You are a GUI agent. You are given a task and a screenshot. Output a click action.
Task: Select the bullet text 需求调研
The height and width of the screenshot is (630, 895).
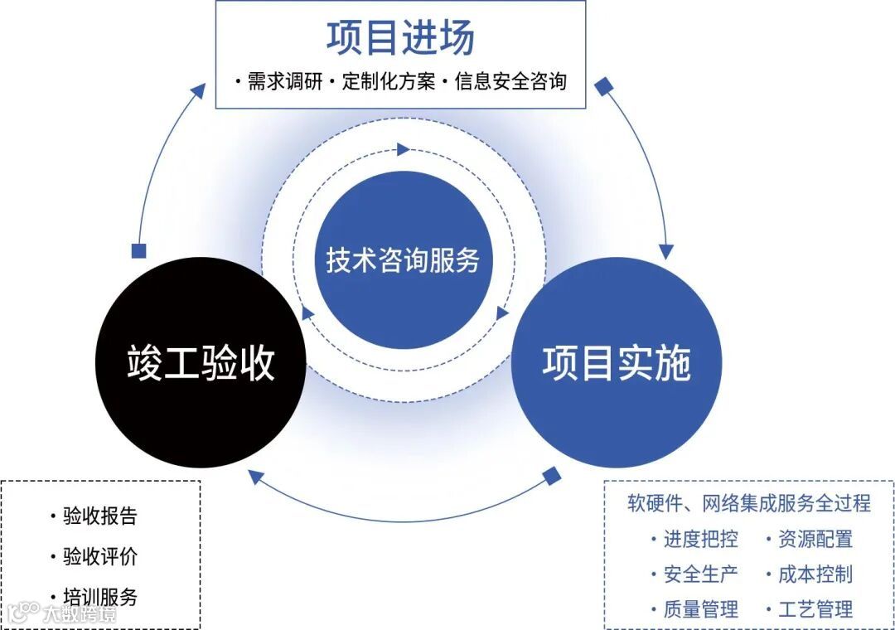coord(283,82)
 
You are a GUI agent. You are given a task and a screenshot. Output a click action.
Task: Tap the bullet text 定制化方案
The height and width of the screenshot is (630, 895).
coord(389,82)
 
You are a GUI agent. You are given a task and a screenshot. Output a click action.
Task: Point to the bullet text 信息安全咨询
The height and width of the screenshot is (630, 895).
coord(510,82)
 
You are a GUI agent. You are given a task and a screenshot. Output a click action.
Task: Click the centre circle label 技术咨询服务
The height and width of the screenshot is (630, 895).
coord(403,260)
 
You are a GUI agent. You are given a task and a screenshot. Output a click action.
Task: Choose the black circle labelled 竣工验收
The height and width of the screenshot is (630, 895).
coord(201,363)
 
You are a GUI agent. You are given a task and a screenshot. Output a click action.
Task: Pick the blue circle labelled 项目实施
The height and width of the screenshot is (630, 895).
coord(617,363)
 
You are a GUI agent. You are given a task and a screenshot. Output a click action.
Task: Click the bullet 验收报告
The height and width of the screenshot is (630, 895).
coord(99,516)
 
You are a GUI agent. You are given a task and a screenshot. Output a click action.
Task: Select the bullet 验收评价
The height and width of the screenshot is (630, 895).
coord(99,556)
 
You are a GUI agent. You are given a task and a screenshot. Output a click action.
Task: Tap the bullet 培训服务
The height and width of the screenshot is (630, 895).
coord(99,596)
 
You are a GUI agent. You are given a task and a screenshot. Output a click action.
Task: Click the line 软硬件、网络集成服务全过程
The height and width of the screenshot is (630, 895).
coord(749,503)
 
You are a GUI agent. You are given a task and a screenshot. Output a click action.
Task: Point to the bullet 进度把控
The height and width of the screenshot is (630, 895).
coord(700,540)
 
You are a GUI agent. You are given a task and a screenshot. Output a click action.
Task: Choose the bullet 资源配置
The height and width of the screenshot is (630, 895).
coord(815,540)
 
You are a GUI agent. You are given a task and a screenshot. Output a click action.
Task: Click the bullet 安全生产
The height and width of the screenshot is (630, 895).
coord(700,574)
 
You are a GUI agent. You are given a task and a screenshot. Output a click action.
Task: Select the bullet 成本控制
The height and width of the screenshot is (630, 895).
coord(815,574)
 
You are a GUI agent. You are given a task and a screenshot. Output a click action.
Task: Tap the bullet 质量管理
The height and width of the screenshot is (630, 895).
coord(700,610)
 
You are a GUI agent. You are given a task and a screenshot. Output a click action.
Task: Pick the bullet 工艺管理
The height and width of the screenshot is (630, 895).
coord(815,610)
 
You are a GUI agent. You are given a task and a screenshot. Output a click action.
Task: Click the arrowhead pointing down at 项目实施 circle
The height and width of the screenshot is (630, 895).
coord(665,251)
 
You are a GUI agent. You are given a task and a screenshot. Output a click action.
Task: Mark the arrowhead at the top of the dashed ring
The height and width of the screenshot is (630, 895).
coord(404,149)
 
